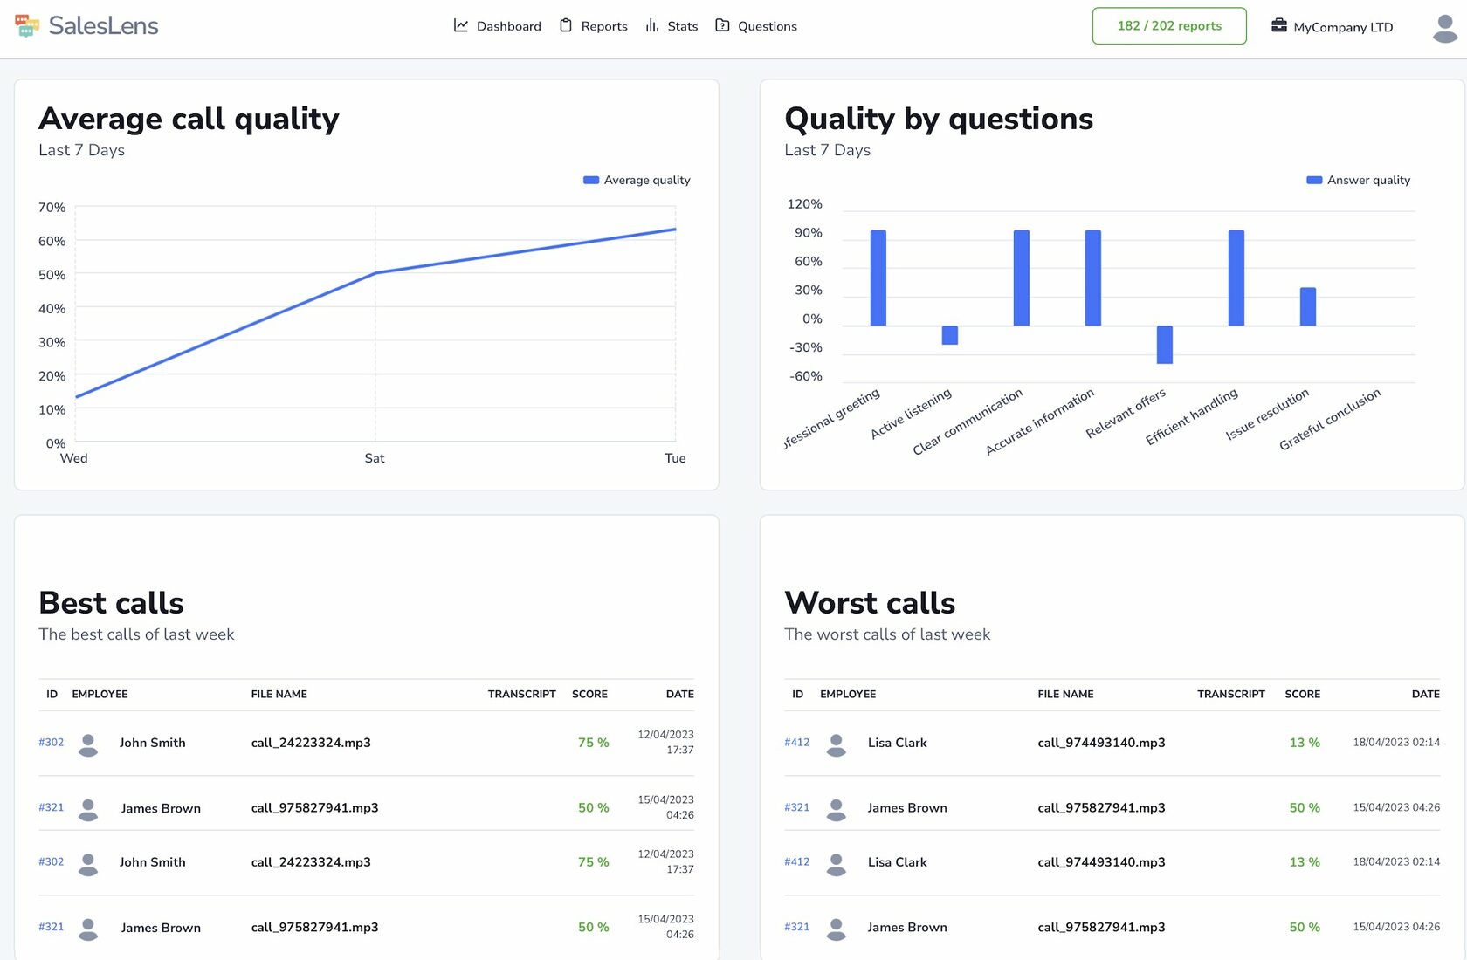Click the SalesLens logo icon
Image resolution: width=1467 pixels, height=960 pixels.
[x=27, y=26]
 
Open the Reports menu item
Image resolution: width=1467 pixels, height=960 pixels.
[x=594, y=26]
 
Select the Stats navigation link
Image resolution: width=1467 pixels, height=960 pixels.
[x=672, y=26]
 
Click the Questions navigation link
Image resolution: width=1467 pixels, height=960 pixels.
[x=756, y=26]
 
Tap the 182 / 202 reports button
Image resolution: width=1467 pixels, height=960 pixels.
[x=1168, y=26]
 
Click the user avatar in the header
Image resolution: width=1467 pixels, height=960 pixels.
[x=1444, y=28]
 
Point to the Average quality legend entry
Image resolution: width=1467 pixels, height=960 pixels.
[x=637, y=180]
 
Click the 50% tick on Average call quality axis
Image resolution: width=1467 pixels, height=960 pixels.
[x=52, y=275]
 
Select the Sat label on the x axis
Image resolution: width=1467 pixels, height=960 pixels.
[x=375, y=458]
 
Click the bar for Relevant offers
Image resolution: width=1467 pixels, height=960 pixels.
[x=1164, y=344]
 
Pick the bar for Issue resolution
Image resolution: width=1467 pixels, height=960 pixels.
[x=1307, y=306]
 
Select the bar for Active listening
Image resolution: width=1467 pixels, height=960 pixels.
[x=949, y=335]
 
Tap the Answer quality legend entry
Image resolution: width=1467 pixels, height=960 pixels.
[x=1358, y=180]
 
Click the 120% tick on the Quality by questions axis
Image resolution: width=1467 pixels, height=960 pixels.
[x=804, y=204]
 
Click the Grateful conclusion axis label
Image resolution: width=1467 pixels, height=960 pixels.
[x=1329, y=420]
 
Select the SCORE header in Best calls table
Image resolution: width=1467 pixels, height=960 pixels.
[x=589, y=694]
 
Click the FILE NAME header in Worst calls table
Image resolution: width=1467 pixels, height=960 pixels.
[x=1065, y=694]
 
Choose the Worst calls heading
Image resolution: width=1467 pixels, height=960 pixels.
[x=870, y=603]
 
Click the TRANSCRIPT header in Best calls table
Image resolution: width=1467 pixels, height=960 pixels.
[x=521, y=694]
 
